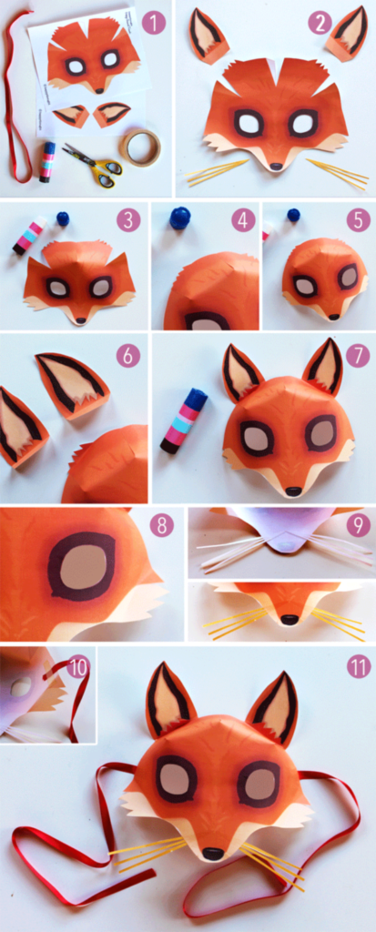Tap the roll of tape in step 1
coord(139,147)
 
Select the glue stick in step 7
coord(184,420)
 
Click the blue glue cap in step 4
coord(180,218)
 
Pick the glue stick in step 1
coord(46,161)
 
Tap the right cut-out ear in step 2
coord(347,32)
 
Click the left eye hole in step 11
coord(176,778)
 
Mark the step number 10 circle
coord(78,667)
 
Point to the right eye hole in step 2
coord(303,123)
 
